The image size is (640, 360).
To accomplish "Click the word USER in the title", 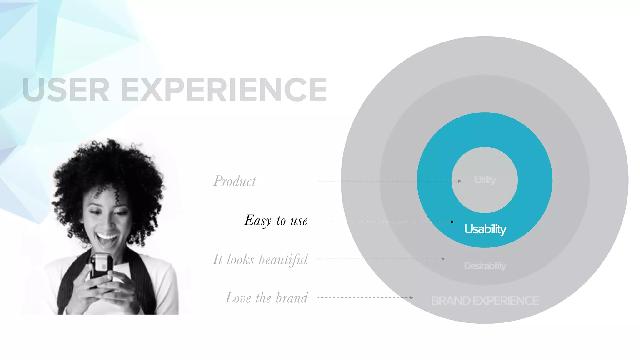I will (x=66, y=90).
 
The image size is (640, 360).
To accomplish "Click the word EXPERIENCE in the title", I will (x=224, y=90).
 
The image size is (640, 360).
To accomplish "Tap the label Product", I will (x=235, y=181).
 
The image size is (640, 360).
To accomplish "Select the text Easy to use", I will (x=276, y=221).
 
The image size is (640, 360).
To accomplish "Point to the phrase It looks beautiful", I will (x=260, y=260).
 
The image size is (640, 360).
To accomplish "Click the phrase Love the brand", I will (x=267, y=298).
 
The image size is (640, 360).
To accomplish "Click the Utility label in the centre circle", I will (x=485, y=180).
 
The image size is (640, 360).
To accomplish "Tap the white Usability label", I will (x=485, y=229).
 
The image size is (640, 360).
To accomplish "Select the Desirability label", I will (x=485, y=266).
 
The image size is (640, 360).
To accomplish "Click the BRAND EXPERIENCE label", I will (x=485, y=301).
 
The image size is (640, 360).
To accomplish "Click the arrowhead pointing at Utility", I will (x=460, y=181).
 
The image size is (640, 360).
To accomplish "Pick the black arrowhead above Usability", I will (x=452, y=222).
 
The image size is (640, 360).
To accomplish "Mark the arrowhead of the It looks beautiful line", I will (x=443, y=259).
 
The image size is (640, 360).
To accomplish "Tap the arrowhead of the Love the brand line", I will (x=412, y=298).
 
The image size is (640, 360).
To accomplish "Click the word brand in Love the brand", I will (x=292, y=298).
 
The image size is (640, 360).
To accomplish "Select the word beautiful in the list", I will (x=283, y=260).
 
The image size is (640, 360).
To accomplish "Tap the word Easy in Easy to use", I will (x=258, y=221).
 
